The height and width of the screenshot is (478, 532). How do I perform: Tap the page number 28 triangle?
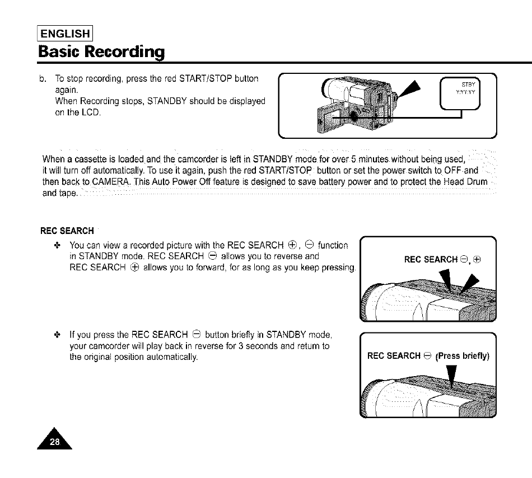click(55, 442)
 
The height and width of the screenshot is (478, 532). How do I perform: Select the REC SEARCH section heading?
click(67, 231)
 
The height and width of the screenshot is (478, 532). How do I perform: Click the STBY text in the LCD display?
click(466, 86)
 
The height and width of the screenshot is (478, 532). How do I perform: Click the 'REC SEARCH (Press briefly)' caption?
click(428, 355)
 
